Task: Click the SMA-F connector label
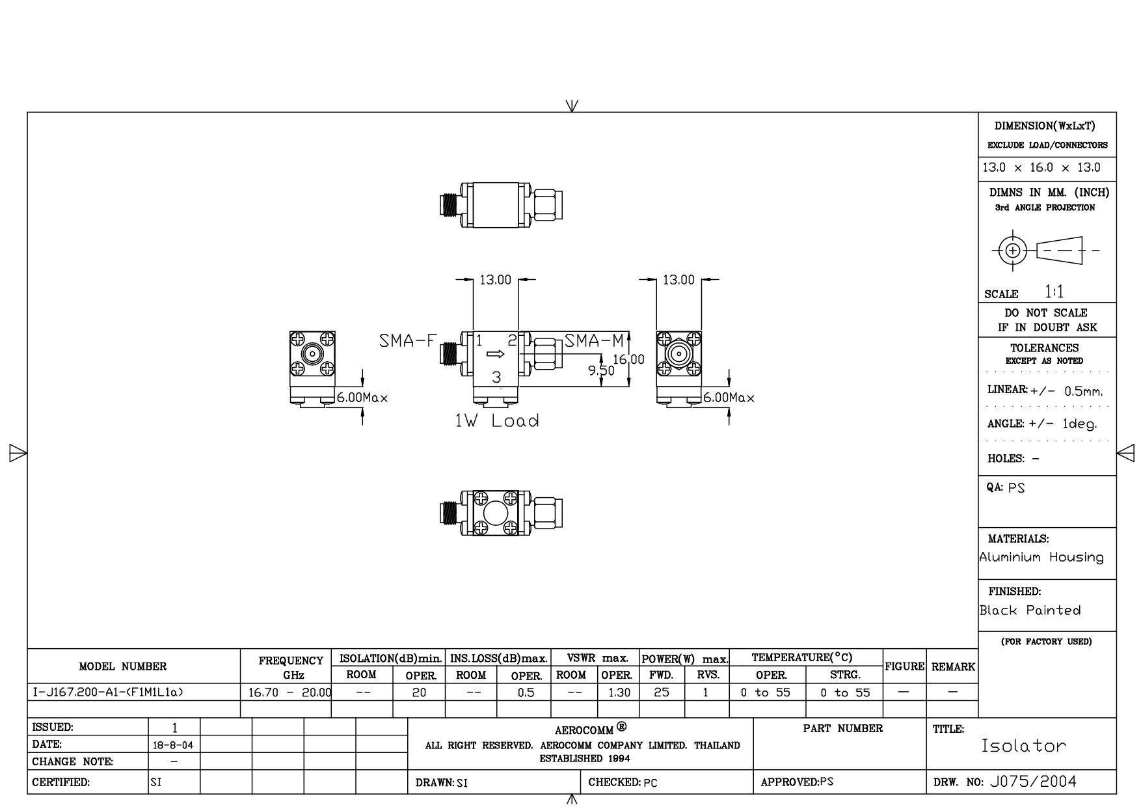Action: pos(407,340)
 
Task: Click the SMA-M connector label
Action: pos(594,340)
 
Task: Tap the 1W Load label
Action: pos(497,421)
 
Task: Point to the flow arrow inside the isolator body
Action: pos(496,354)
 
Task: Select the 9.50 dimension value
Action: pos(601,370)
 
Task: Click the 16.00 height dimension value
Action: pos(628,359)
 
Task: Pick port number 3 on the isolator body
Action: pos(496,377)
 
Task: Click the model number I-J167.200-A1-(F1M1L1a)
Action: pos(108,692)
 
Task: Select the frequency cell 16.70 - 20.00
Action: pos(290,692)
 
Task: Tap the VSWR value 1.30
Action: pos(619,692)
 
